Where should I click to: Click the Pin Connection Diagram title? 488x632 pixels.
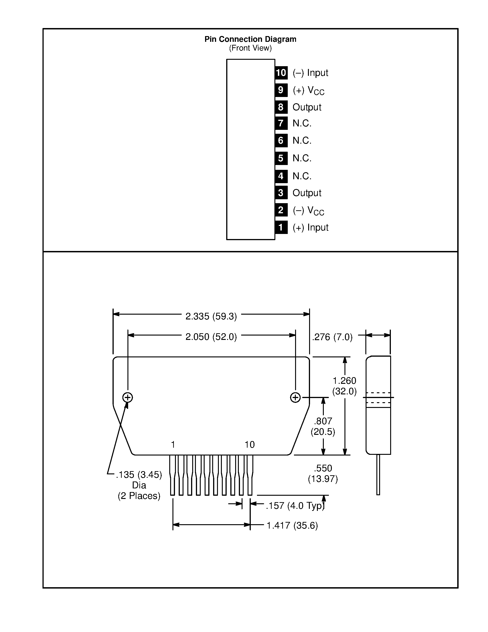[250, 39]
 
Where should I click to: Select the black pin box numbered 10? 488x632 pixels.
[281, 73]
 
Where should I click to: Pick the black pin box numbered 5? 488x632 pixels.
[281, 158]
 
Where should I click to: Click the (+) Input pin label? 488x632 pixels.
[310, 228]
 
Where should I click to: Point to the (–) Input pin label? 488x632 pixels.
[310, 73]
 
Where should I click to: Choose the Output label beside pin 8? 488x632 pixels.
[307, 107]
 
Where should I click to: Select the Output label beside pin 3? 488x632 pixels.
[307, 193]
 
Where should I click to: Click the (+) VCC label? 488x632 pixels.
[308, 91]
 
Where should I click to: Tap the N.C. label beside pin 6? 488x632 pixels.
[302, 141]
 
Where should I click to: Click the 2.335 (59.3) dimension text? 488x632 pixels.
[211, 316]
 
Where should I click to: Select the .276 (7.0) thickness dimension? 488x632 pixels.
[332, 337]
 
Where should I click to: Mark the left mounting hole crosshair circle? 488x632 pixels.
[128, 397]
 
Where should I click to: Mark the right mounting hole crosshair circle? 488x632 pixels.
[295, 397]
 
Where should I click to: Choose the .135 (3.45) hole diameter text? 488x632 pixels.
[139, 475]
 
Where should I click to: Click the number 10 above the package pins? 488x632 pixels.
[249, 444]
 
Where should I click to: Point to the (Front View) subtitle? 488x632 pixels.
[250, 48]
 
